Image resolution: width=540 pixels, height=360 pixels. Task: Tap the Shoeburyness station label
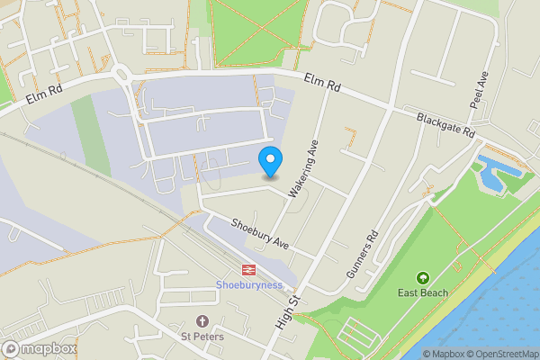click(x=249, y=285)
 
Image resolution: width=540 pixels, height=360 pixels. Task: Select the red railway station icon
click(x=246, y=269)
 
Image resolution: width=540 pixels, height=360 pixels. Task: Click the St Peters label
click(x=202, y=337)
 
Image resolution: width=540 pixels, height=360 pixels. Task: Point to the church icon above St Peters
click(x=202, y=321)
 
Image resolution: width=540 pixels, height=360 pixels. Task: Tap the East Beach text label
click(x=423, y=292)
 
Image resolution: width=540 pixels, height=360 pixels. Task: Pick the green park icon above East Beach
click(x=423, y=277)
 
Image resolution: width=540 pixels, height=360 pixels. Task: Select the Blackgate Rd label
click(x=445, y=125)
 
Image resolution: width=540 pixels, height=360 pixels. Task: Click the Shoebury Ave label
click(x=259, y=234)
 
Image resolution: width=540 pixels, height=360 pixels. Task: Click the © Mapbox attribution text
click(x=442, y=354)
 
